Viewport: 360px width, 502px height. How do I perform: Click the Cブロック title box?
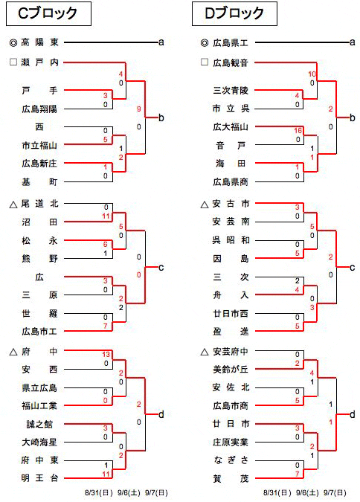click(x=48, y=13)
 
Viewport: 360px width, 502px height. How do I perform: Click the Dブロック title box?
click(x=234, y=13)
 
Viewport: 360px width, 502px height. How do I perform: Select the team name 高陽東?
click(x=39, y=42)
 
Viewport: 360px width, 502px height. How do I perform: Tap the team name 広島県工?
click(x=231, y=42)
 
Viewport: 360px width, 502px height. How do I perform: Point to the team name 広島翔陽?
click(x=39, y=109)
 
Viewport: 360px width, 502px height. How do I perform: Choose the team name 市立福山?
click(x=39, y=145)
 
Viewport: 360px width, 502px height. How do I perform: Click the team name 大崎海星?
click(x=39, y=442)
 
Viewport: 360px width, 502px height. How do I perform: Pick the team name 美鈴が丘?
click(x=231, y=369)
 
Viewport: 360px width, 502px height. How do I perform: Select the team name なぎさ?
click(x=231, y=460)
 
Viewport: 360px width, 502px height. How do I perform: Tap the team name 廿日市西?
click(x=231, y=313)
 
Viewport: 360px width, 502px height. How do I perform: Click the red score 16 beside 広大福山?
click(x=298, y=131)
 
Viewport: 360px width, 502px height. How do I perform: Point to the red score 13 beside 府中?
click(x=106, y=355)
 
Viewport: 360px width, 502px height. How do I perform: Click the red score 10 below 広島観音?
click(x=312, y=74)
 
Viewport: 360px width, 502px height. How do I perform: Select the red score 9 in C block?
click(x=138, y=109)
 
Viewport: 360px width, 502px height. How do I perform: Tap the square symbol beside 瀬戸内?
click(x=13, y=62)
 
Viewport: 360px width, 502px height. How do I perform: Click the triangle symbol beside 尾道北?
click(x=13, y=205)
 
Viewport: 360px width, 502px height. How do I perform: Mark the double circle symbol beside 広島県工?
click(x=205, y=42)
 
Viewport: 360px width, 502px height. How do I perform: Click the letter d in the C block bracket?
click(x=161, y=414)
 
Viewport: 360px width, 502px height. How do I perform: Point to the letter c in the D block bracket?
click(x=353, y=268)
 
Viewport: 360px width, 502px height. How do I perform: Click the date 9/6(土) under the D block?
click(x=307, y=493)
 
